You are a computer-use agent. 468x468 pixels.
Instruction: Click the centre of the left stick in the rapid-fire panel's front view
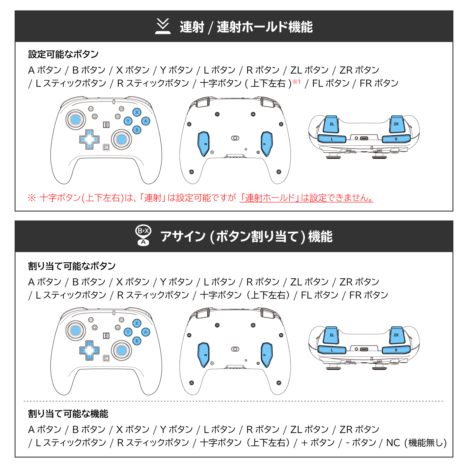pyautogui.click(x=75, y=119)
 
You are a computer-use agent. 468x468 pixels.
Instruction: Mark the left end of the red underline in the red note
pyautogui.click(x=240, y=202)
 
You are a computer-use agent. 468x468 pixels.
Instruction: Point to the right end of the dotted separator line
pyautogui.click(x=442, y=401)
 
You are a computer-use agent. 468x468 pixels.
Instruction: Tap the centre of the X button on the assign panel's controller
pyautogui.click(x=137, y=323)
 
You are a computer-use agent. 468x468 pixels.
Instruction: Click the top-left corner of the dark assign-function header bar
pyautogui.click(x=15, y=221)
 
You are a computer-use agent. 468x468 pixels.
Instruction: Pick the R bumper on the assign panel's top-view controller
pyautogui.click(x=396, y=350)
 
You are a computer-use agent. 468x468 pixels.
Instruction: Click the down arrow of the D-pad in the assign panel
pyautogui.click(x=90, y=357)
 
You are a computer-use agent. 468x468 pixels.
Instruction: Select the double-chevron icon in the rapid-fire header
pyautogui.click(x=163, y=26)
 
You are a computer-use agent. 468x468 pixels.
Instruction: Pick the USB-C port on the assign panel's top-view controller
pyautogui.click(x=364, y=349)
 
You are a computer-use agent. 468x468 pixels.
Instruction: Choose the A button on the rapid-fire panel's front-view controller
pyautogui.click(x=146, y=121)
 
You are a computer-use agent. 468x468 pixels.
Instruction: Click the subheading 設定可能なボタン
pyautogui.click(x=63, y=54)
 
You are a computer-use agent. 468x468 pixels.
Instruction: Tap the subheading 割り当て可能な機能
pyautogui.click(x=68, y=414)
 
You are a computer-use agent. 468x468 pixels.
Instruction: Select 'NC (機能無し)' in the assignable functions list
pyautogui.click(x=417, y=443)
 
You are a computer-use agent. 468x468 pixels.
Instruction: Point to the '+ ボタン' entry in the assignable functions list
pyautogui.click(x=318, y=443)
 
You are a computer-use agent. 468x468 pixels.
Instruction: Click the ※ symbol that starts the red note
pyautogui.click(x=32, y=198)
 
